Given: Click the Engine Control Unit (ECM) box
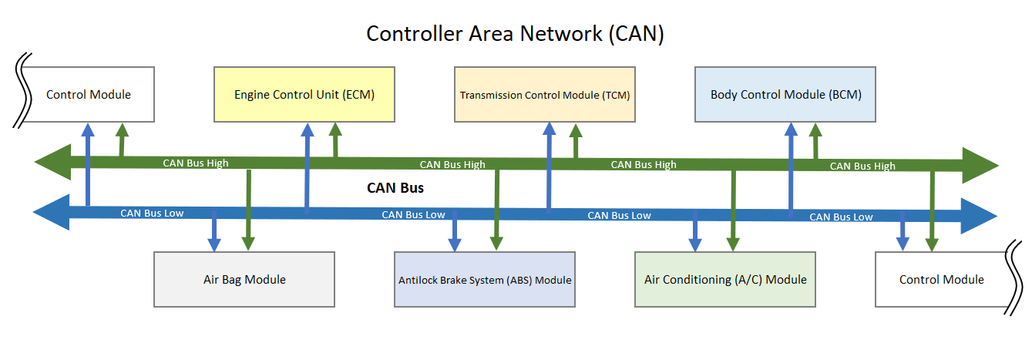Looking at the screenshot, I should [x=304, y=94].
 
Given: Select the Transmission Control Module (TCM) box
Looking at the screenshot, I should [x=545, y=94].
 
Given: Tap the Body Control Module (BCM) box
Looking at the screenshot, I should [x=785, y=94].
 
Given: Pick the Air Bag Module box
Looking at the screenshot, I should [x=244, y=279].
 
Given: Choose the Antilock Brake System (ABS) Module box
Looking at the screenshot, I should [x=485, y=279].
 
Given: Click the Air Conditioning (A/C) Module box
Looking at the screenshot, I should [x=725, y=279].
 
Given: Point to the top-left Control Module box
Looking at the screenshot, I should [x=89, y=94].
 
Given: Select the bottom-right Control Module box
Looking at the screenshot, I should [x=941, y=279].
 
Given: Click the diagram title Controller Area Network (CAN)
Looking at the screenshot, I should [x=515, y=34].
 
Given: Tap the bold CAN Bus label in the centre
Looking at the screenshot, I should [x=395, y=187].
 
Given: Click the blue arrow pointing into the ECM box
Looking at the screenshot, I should [x=307, y=166].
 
